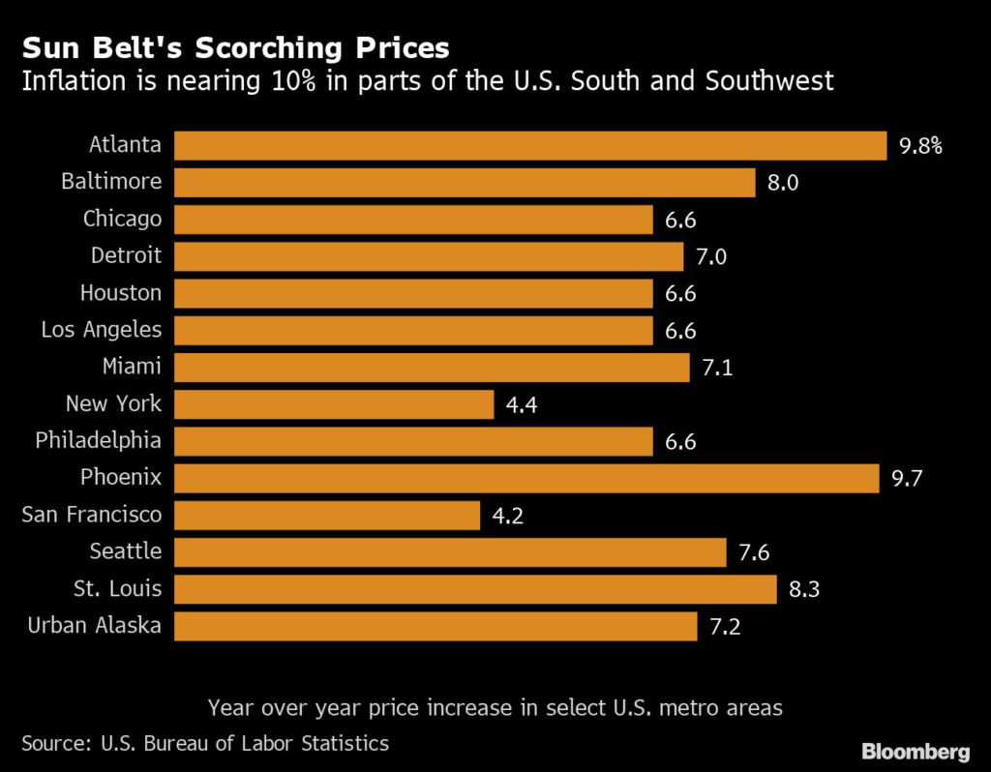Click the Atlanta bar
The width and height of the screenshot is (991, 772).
coord(530,146)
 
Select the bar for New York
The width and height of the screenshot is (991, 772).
coord(334,404)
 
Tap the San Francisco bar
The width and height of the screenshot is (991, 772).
coord(327,516)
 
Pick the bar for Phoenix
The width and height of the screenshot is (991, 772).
coord(526,478)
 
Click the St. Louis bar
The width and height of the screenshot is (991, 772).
coord(475,589)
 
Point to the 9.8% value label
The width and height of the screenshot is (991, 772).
coord(921,147)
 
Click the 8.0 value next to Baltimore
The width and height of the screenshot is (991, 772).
coord(783,183)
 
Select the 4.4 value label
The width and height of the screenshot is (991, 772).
coord(522,405)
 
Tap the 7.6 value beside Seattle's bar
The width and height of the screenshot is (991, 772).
coord(754,552)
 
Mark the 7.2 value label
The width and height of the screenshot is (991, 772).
coord(725,627)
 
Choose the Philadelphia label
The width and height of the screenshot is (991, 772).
coord(98,441)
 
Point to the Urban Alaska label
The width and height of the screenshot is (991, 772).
coord(94,625)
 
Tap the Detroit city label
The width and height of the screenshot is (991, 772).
coord(126,255)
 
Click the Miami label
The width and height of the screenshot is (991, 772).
coord(132,367)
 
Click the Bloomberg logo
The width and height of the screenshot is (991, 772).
coord(916,751)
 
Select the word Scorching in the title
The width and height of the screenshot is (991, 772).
coord(269,48)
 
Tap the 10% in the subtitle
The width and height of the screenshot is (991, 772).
coord(293,81)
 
